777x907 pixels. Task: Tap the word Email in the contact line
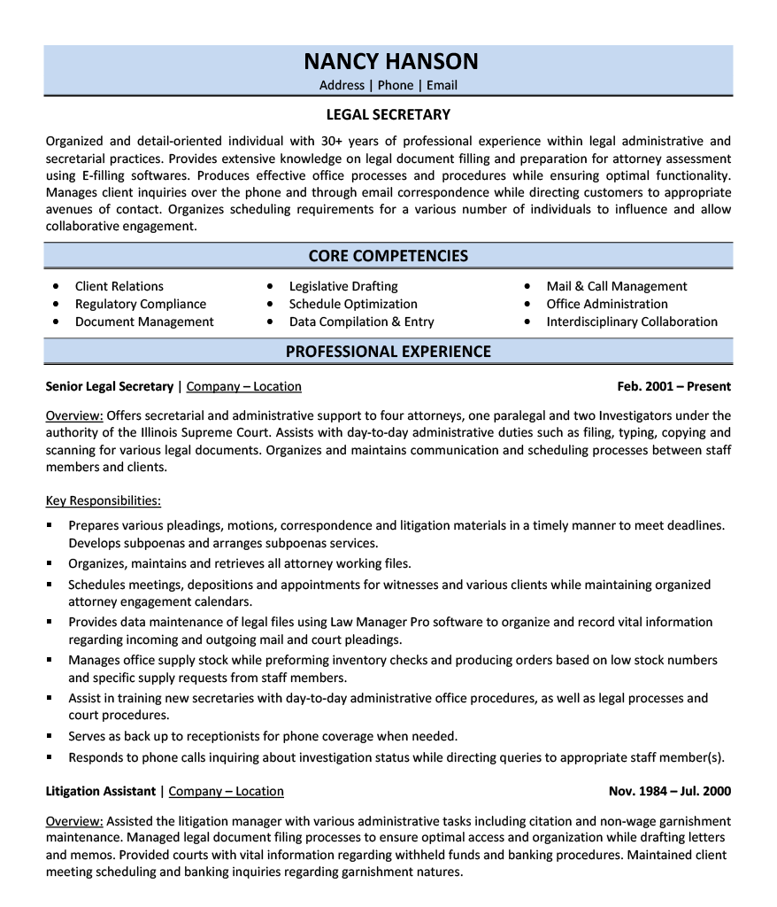tap(442, 85)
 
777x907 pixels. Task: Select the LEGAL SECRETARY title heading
tap(388, 114)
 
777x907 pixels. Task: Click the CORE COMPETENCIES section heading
tap(388, 256)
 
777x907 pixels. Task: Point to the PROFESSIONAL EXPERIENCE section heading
tap(388, 352)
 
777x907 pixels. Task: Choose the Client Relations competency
tap(119, 286)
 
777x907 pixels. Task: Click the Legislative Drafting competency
tap(343, 286)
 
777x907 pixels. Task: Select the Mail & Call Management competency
tap(617, 286)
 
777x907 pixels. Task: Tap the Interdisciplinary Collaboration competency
tap(632, 322)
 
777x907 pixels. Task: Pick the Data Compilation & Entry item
tap(361, 322)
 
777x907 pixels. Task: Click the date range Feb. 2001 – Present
tap(674, 386)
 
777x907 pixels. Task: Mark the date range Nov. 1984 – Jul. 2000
tap(670, 791)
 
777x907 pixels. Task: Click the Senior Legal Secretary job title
tap(110, 386)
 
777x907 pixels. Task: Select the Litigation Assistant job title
tap(100, 791)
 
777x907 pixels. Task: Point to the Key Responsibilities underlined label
tap(104, 500)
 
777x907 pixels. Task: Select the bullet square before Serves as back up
tap(50, 736)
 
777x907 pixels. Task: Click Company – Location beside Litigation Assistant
tap(227, 791)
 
